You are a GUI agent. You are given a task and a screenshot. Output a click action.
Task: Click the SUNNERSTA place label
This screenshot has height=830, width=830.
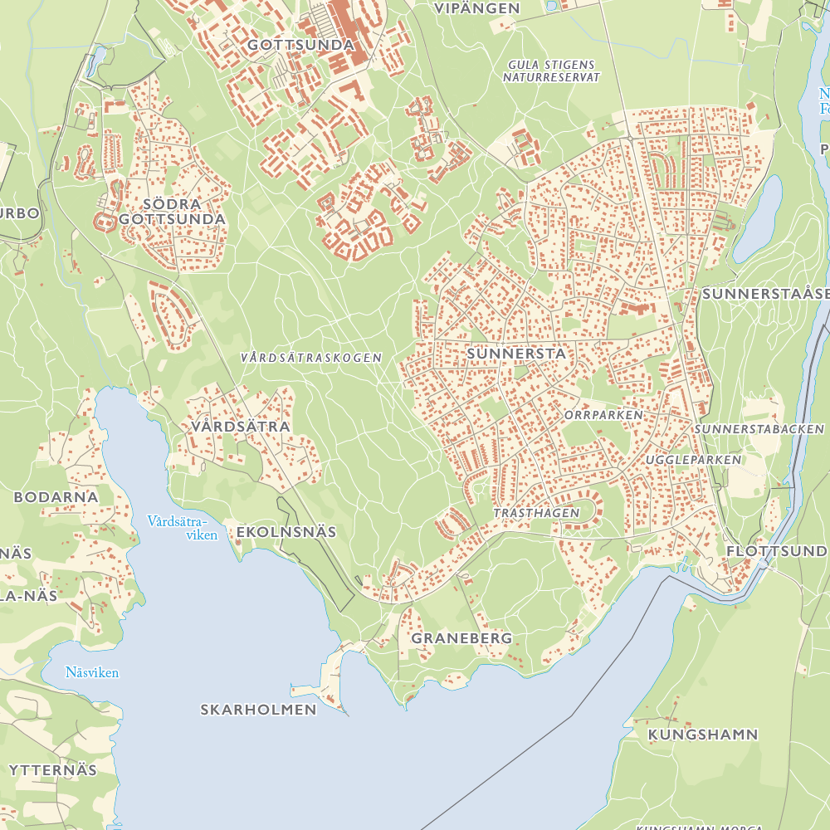516,354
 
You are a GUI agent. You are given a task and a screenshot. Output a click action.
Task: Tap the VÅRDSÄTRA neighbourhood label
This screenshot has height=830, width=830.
240,427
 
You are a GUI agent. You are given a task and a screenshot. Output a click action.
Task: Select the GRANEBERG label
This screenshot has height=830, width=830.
461,638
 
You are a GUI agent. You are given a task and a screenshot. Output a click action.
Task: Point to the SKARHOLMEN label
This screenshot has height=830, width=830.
259,710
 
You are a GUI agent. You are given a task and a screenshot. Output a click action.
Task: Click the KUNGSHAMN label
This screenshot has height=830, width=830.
703,735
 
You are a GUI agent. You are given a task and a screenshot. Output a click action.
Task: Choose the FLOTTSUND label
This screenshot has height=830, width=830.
776,551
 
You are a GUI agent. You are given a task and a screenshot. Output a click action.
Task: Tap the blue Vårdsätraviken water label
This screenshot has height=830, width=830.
180,528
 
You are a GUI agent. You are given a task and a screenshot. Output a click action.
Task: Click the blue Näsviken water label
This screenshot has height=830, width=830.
92,672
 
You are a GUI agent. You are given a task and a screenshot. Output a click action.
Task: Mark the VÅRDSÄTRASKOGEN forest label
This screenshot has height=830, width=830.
310,358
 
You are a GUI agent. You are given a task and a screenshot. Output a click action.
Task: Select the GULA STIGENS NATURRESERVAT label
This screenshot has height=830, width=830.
551,71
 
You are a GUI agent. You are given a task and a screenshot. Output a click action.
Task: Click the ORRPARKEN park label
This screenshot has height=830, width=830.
603,414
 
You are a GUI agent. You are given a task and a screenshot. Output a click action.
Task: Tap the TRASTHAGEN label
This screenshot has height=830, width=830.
536,513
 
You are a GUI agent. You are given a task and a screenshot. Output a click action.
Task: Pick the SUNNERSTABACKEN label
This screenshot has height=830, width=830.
760,429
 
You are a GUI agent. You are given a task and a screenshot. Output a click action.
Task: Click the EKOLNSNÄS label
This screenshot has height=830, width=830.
286,531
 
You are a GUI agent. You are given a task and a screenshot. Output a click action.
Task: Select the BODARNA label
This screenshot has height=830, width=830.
56,497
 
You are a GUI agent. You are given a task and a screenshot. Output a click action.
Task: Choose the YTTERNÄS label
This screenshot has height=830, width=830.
53,769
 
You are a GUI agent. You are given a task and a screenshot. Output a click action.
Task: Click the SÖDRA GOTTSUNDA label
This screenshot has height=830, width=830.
172,212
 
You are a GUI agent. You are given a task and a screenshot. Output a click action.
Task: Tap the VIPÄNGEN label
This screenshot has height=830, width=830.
477,8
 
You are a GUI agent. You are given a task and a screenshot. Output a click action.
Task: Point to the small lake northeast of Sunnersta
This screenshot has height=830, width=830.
759,217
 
